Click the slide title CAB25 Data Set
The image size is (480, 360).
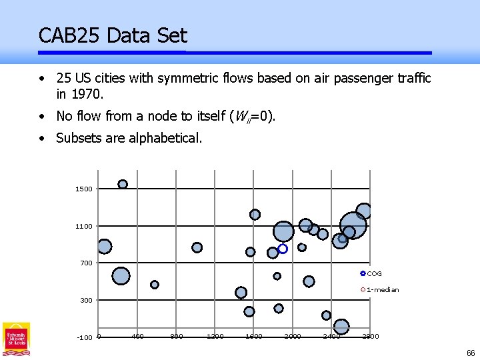[113, 35]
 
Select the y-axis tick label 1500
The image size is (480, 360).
[83, 189]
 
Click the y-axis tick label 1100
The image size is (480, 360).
[83, 227]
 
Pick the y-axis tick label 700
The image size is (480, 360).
[86, 263]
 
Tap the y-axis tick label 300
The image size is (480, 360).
[86, 301]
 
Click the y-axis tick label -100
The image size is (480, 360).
[84, 337]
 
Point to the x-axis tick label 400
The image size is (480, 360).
[137, 336]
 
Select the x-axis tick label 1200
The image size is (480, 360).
[215, 336]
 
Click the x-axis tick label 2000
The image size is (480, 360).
[292, 336]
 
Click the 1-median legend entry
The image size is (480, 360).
[382, 290]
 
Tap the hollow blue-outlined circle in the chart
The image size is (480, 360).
[283, 249]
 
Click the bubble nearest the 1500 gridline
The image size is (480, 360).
[123, 184]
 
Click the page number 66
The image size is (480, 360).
[471, 353]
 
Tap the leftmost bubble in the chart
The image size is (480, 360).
[104, 247]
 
